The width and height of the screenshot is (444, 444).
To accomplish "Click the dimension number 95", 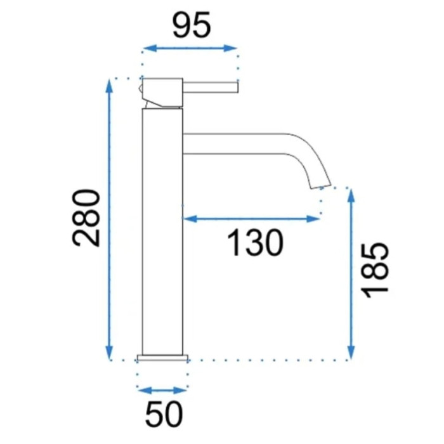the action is click(x=192, y=25).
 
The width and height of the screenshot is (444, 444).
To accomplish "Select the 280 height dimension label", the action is click(x=86, y=218).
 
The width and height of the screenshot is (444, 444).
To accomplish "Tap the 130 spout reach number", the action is click(x=255, y=243).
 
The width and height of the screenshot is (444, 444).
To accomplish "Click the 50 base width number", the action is click(x=164, y=414).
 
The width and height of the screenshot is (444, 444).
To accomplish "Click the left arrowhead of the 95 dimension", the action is click(x=150, y=48).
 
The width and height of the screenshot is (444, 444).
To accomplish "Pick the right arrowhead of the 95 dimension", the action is click(x=230, y=48).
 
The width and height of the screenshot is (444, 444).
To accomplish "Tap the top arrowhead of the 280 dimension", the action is click(x=109, y=86).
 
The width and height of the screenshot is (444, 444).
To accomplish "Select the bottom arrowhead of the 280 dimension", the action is click(x=109, y=353).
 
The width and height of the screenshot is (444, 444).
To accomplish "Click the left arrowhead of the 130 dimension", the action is click(x=190, y=218).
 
